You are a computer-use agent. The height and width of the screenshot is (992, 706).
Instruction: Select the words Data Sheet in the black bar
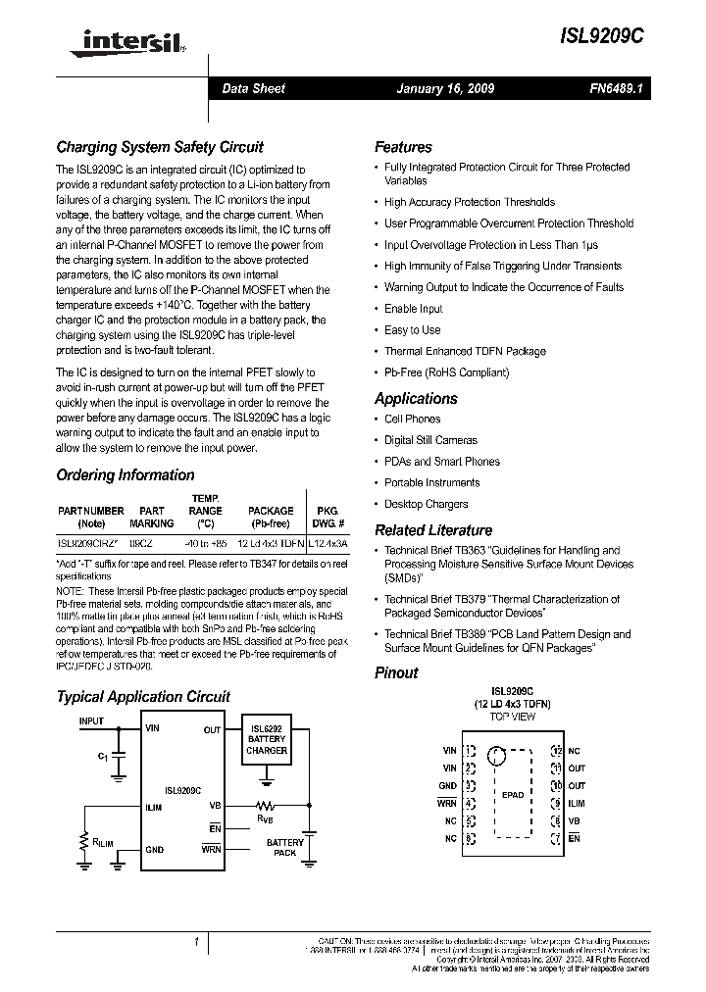click(253, 89)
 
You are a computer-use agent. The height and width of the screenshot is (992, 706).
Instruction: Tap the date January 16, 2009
click(445, 89)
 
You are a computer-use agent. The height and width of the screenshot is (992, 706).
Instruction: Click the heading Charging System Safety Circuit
click(160, 148)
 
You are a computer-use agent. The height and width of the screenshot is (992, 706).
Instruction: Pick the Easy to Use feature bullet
click(412, 330)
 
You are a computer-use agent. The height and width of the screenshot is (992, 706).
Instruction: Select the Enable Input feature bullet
click(413, 309)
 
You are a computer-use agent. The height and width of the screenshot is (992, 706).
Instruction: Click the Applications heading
click(416, 399)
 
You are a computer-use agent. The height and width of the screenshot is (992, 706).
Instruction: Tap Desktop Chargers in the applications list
click(426, 505)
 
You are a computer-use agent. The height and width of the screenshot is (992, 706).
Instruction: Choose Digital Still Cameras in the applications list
click(430, 441)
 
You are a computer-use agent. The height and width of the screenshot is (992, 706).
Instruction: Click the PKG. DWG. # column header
click(327, 517)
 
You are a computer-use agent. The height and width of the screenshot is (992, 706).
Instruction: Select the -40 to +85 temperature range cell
click(206, 541)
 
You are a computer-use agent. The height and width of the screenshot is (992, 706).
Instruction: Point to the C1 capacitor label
click(103, 757)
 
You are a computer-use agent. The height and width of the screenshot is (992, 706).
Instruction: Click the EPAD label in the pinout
click(513, 795)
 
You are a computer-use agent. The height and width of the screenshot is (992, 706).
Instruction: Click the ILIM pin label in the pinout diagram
click(577, 804)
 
